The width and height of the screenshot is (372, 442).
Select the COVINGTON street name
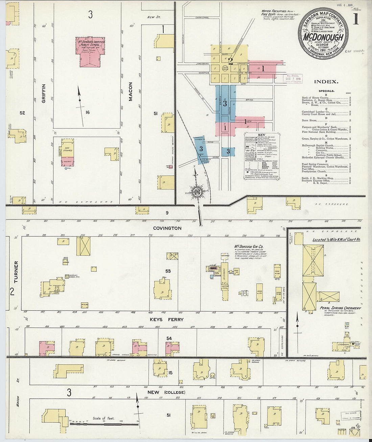[167, 228]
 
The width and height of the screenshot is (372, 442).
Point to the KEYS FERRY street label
[167, 319]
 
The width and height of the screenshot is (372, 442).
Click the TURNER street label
[16, 272]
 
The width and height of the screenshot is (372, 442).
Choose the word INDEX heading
[326, 82]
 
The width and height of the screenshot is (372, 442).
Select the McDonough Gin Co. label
[249, 247]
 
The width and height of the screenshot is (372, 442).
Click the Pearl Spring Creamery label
[340, 308]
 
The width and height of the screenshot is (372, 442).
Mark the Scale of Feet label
[103, 418]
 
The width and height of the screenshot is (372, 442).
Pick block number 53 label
[168, 271]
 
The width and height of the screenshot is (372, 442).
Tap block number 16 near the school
[88, 112]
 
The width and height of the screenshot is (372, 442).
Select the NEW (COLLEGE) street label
[166, 392]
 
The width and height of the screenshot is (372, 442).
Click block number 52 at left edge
[22, 113]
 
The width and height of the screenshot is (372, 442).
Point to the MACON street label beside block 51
[131, 91]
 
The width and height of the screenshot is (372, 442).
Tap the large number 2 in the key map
[231, 61]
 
